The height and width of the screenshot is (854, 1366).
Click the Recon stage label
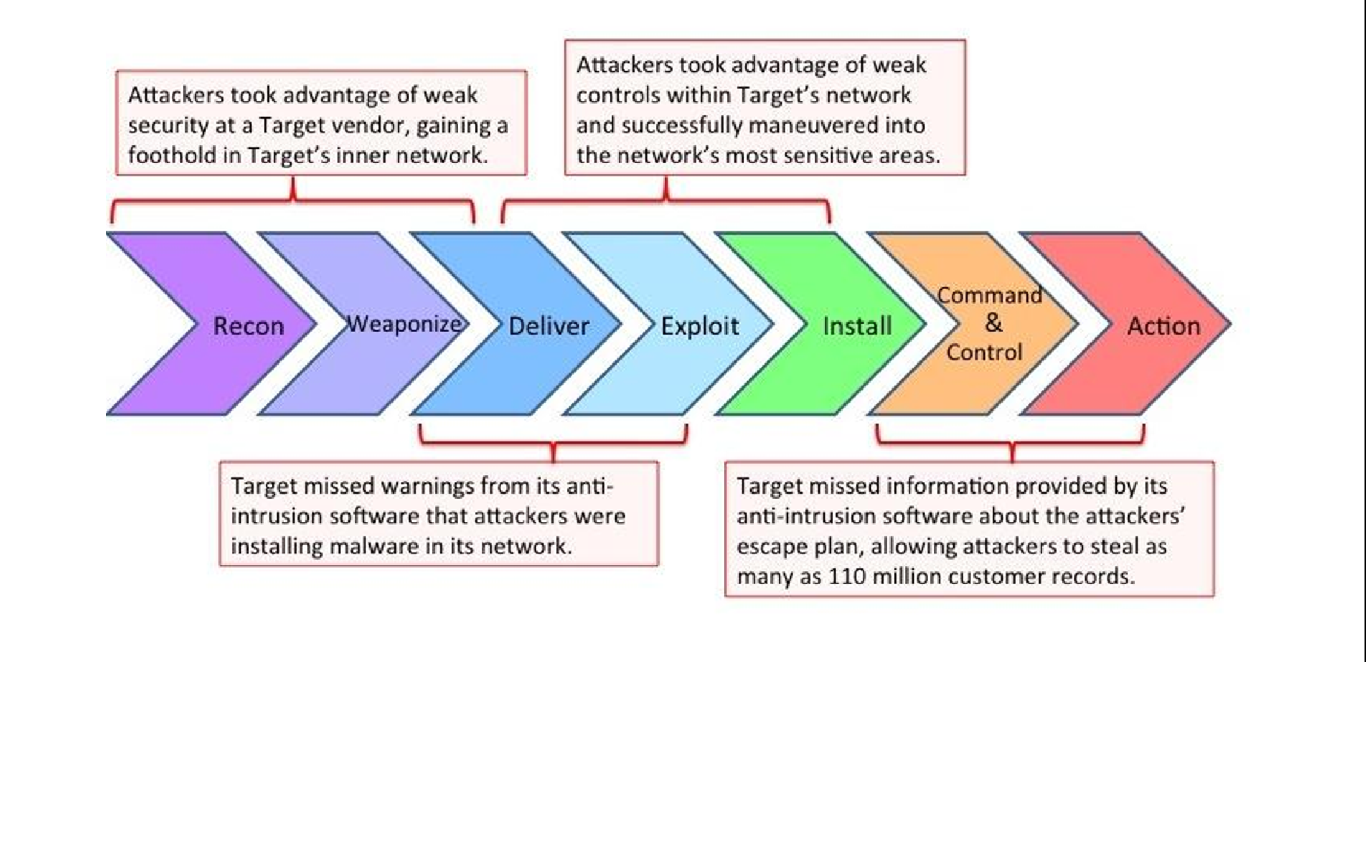[248, 326]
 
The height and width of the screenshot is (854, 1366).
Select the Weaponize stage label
[405, 324]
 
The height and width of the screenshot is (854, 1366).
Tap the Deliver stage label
[548, 326]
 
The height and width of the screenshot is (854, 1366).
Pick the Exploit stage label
[700, 326]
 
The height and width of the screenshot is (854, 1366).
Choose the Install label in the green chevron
[857, 326]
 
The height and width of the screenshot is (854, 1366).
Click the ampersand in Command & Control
[993, 323]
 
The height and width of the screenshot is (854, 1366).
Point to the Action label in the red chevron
[1163, 326]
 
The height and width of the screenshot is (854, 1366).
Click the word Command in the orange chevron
[989, 295]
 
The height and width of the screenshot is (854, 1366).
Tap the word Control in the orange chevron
[984, 352]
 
